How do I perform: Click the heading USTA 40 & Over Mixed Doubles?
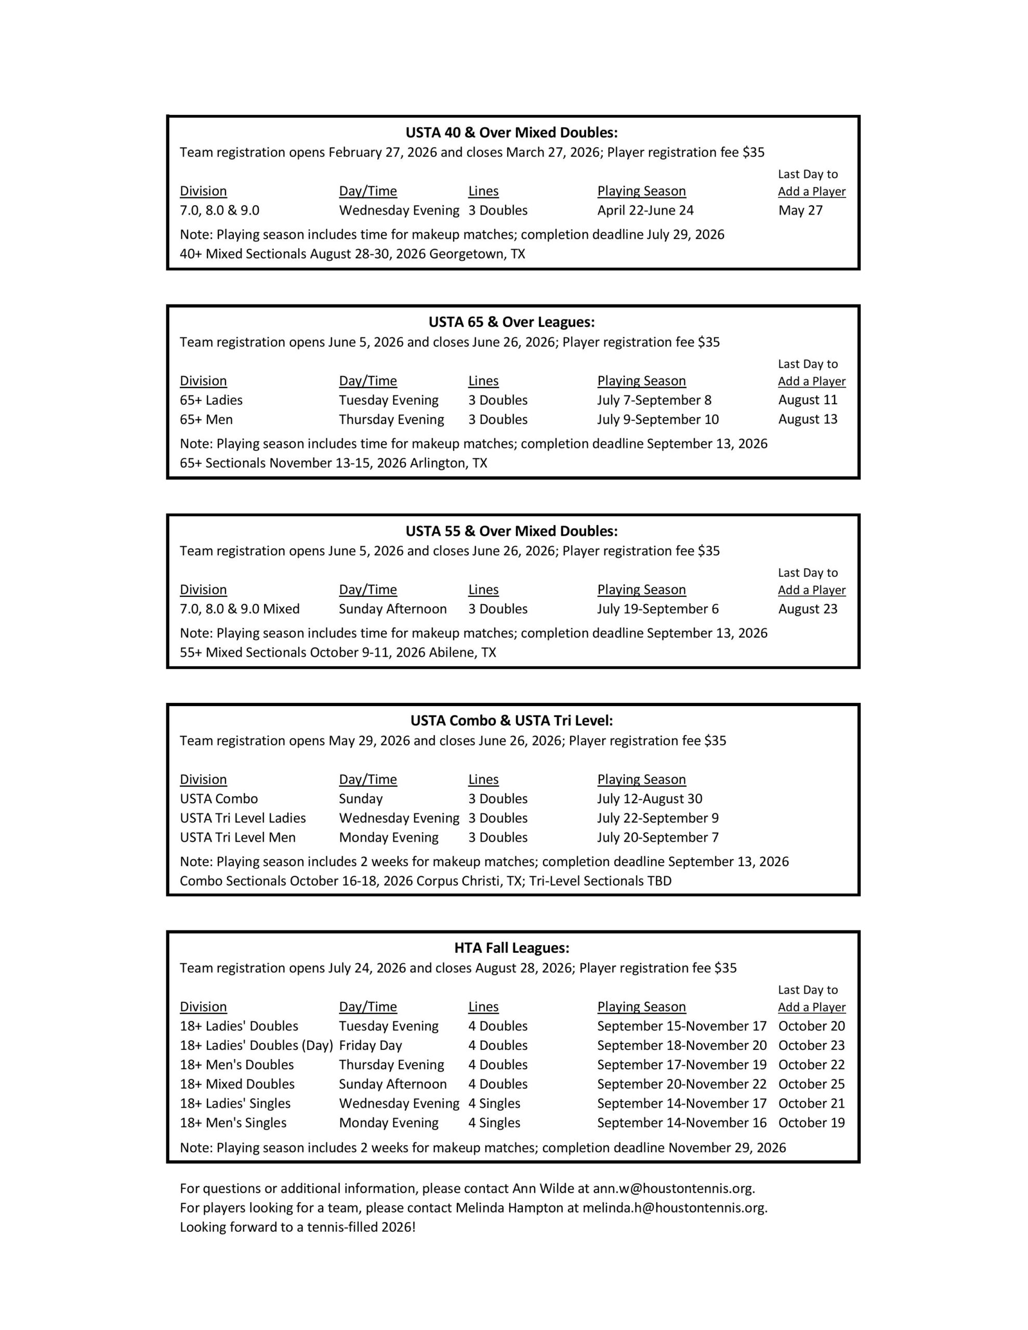[511, 133]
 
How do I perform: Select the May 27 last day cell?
[800, 211]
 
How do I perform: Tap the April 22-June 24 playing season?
[645, 211]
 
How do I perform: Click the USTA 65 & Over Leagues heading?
[511, 322]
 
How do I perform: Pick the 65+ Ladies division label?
[211, 400]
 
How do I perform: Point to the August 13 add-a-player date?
[808, 420]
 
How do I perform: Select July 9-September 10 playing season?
[657, 420]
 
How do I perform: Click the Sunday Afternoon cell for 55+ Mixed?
[392, 609]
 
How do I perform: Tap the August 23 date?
[808, 609]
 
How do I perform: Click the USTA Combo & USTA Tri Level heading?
[511, 721]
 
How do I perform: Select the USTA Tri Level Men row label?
[238, 837]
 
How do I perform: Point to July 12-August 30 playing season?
[650, 799]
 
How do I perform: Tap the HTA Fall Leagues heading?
[511, 948]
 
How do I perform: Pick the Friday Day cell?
[371, 1046]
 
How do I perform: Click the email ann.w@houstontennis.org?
[674, 1189]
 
